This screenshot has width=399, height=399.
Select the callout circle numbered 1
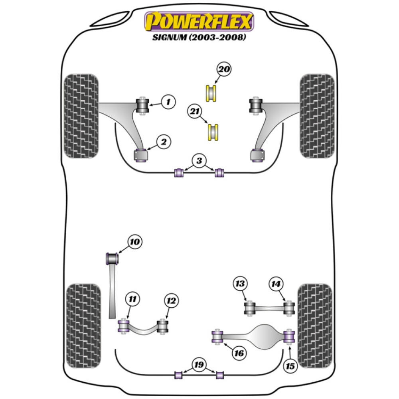pos(168,102)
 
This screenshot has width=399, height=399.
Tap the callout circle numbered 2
pos(164,141)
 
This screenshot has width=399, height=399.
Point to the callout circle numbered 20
pos(224,69)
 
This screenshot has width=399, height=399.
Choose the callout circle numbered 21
pos(196,113)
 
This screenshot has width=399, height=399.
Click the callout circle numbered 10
pos(135,242)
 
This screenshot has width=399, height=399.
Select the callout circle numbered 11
pos(132,299)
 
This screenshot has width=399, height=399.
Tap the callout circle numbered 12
pos(171,301)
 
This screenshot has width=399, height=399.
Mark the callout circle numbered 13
pos(240,284)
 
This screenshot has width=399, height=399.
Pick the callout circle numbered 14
pos(276,284)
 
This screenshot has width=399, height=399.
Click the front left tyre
pos(81,116)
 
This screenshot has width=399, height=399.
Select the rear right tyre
pos(315,326)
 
